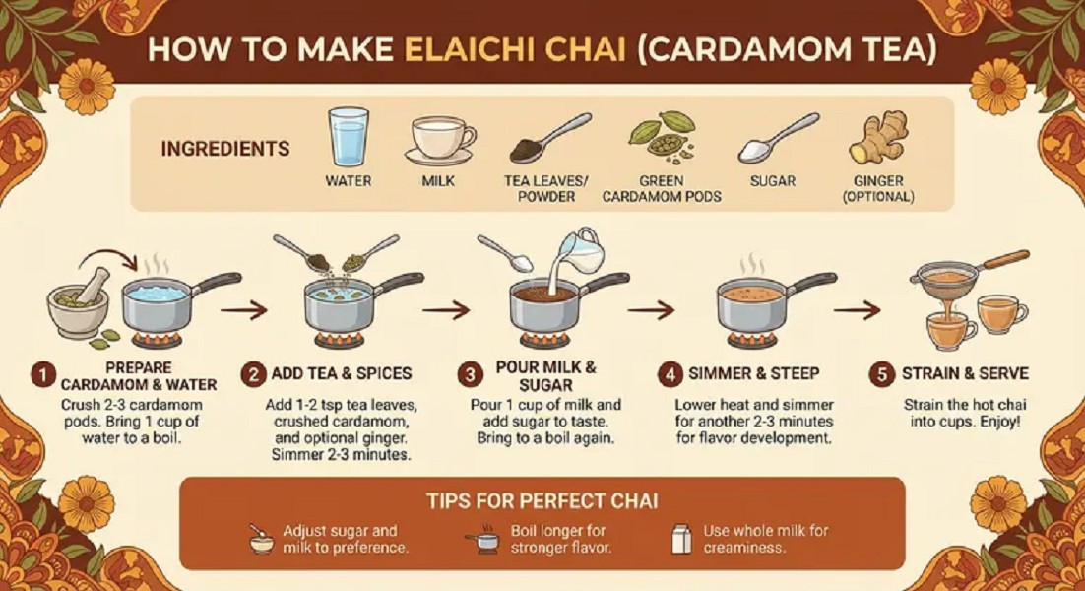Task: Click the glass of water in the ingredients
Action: (x=348, y=137)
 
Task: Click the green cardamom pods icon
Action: (x=661, y=137)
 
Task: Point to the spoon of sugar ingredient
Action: (x=778, y=139)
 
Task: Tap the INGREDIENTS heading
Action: (x=224, y=150)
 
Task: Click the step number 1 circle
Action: (x=41, y=374)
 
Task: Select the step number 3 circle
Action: (x=471, y=374)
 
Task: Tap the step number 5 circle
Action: (x=880, y=374)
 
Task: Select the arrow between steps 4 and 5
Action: (x=856, y=311)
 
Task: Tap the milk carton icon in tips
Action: (x=678, y=538)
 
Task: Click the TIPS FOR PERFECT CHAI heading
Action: (x=542, y=501)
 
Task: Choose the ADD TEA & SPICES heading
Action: (x=342, y=374)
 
